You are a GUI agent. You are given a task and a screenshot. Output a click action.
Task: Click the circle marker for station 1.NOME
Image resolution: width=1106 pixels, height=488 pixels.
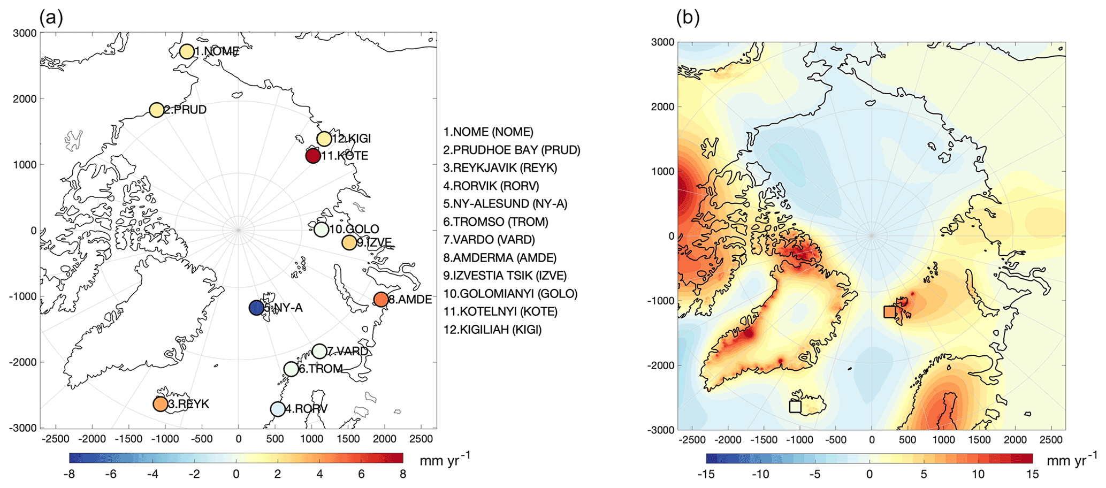(x=187, y=51)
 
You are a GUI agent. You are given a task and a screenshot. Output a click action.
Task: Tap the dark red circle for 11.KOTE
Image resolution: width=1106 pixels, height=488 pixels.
(x=313, y=156)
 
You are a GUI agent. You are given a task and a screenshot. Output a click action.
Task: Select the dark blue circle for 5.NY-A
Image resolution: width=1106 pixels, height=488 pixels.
(x=256, y=308)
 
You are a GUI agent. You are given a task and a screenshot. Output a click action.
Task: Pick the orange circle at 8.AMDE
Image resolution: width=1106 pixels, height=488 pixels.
(x=380, y=299)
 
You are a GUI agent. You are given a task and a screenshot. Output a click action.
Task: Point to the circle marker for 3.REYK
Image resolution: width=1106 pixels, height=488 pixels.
(x=160, y=404)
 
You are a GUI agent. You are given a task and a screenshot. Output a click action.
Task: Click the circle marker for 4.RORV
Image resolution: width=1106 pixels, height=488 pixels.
(x=277, y=409)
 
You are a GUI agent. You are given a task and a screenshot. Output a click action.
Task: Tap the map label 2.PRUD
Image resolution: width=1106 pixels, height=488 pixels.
(x=185, y=110)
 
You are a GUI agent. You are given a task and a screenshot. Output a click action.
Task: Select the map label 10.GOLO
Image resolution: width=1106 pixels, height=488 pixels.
(x=354, y=230)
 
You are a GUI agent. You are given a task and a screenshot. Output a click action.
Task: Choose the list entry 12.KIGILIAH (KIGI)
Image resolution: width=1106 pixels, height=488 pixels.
(x=492, y=330)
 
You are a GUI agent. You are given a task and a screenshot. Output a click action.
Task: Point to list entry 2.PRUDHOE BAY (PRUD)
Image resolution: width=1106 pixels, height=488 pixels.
(x=512, y=150)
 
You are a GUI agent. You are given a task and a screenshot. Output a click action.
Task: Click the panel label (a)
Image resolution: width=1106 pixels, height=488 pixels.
(x=51, y=18)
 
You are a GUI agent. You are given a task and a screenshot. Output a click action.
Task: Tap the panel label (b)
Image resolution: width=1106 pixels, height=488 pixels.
(x=688, y=18)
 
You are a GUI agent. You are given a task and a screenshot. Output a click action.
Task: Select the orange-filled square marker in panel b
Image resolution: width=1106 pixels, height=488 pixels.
(x=889, y=311)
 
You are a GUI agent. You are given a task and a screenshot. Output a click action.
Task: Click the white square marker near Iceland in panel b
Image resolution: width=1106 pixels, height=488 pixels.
(x=795, y=406)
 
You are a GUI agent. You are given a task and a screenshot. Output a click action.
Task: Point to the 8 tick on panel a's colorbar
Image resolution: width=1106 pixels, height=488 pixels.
(x=402, y=474)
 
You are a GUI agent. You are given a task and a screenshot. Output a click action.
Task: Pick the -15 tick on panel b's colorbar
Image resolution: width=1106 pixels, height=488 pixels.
(x=706, y=475)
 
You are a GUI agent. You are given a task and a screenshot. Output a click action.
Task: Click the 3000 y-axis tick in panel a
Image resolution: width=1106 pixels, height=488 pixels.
(x=26, y=33)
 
